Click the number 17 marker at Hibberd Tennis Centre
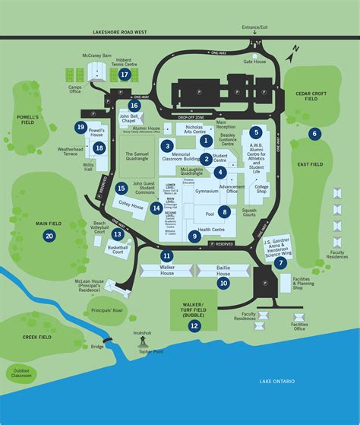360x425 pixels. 124,76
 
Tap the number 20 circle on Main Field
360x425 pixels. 49,236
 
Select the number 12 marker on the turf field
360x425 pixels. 194,325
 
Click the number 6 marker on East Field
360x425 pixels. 314,134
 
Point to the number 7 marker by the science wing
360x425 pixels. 281,263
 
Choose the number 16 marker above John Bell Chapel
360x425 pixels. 134,106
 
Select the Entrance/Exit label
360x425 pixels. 254,27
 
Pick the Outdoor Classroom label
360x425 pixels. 21,374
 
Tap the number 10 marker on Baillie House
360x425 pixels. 223,283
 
